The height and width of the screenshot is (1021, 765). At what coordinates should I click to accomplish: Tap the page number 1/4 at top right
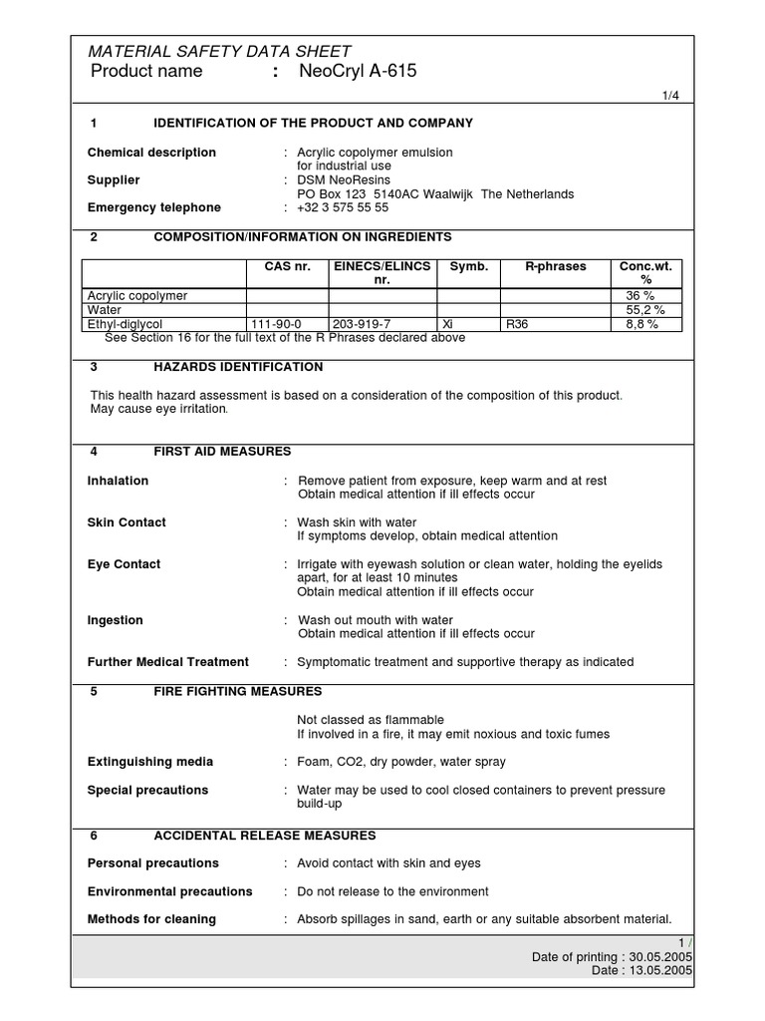click(x=672, y=96)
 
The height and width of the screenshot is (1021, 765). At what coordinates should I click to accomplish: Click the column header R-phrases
click(x=556, y=267)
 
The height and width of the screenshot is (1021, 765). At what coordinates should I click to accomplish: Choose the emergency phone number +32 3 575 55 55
click(x=343, y=207)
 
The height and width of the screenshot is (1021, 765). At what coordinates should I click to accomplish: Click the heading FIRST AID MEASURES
click(x=222, y=452)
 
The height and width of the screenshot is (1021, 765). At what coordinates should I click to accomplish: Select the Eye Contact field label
click(x=124, y=564)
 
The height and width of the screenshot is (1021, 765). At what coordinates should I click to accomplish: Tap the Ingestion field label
click(x=116, y=620)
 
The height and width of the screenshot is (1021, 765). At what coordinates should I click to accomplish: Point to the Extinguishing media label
click(x=149, y=762)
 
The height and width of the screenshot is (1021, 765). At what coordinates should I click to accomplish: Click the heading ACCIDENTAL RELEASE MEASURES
click(x=264, y=835)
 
